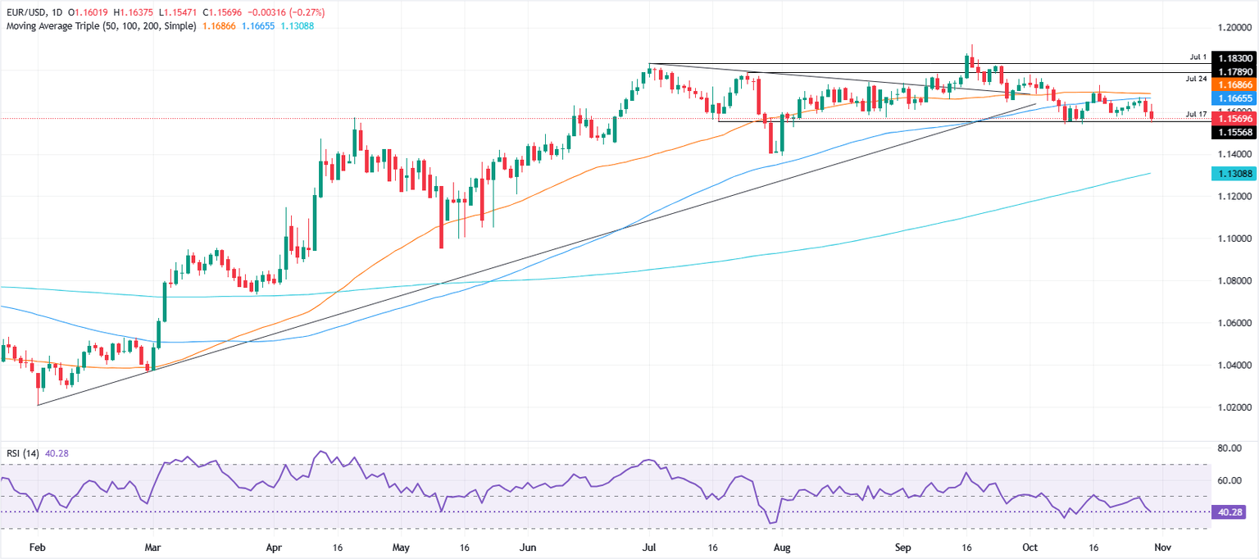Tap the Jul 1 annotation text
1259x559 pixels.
point(1198,57)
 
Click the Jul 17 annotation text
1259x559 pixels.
point(1196,113)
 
